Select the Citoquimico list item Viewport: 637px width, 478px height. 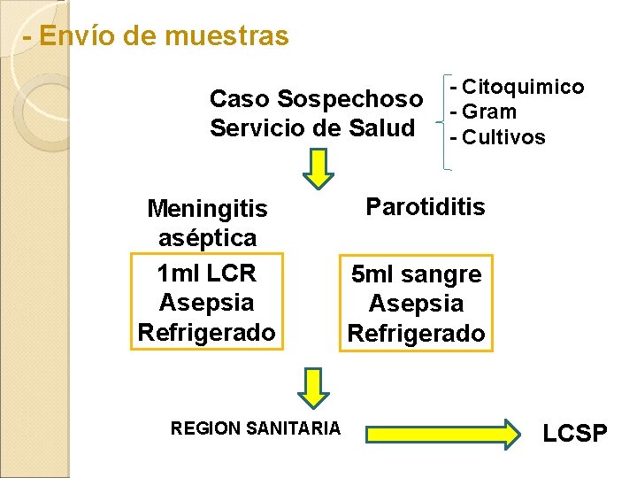[x=517, y=87]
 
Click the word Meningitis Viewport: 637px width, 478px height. [x=207, y=209]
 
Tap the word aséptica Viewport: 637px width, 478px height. [x=207, y=237]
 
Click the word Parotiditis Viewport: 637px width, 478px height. [x=426, y=207]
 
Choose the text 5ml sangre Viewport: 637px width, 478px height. [x=416, y=274]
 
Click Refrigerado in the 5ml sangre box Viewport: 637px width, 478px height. [x=416, y=334]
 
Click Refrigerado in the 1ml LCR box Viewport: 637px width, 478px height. [x=207, y=332]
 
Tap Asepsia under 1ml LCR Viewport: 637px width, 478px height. [x=207, y=302]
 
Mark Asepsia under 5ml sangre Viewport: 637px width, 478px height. [x=416, y=304]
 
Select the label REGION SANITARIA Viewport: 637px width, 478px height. [x=255, y=428]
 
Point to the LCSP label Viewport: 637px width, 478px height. [x=575, y=434]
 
